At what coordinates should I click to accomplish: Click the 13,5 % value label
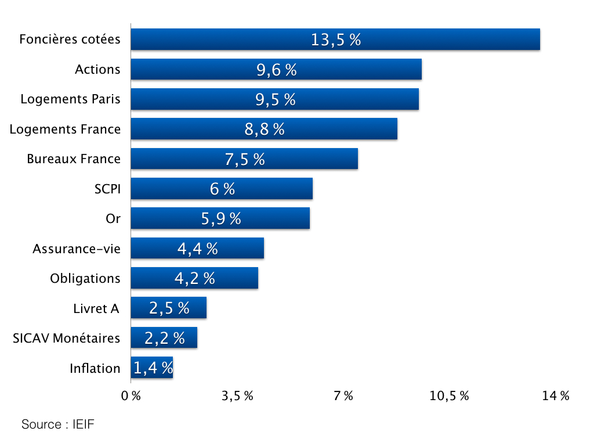(x=336, y=39)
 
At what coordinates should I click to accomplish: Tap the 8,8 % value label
(x=265, y=129)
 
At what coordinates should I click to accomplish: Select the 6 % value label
(x=222, y=189)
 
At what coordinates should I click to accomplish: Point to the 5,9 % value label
(x=221, y=218)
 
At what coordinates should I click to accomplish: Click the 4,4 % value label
(x=198, y=249)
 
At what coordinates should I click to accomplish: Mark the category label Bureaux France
(x=74, y=159)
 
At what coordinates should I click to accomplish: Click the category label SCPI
(x=107, y=189)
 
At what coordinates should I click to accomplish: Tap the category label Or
(x=113, y=219)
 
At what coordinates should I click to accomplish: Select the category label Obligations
(x=85, y=278)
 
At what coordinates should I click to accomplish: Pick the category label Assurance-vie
(x=77, y=249)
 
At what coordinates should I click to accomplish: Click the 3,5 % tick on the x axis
(x=238, y=396)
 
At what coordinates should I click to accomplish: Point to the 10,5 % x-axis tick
(x=450, y=396)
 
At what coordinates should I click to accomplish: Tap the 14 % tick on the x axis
(x=556, y=396)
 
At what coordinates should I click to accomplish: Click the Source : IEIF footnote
(x=58, y=425)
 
